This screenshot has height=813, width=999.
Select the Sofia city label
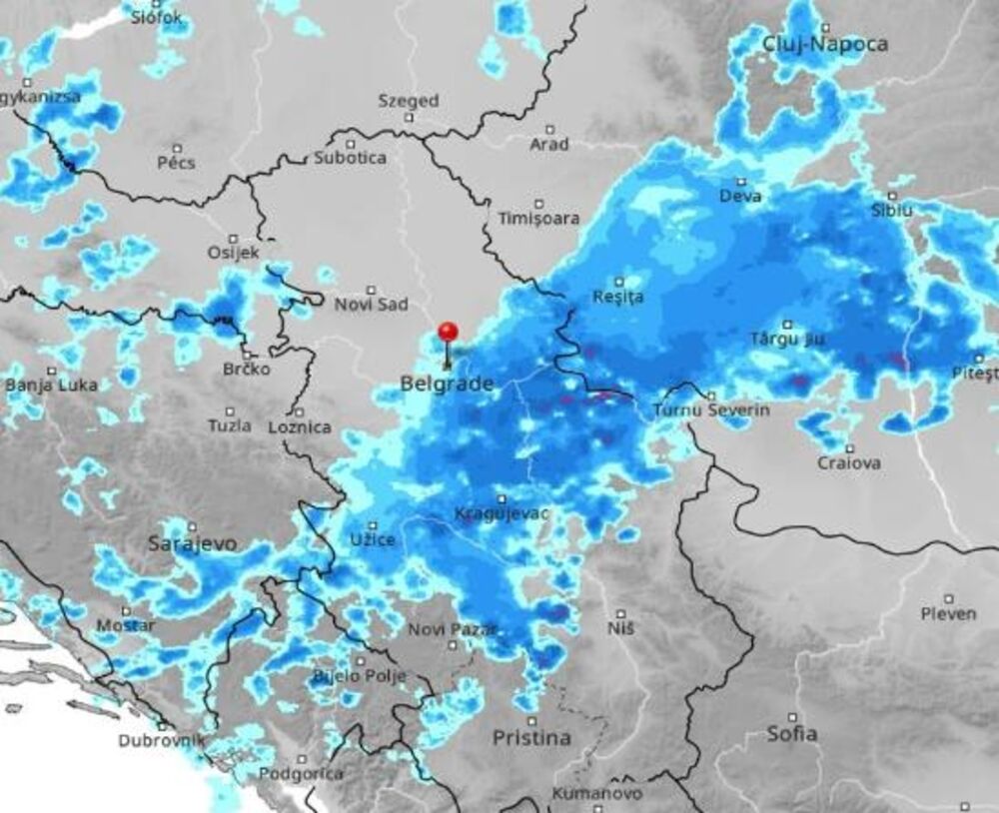[791, 734]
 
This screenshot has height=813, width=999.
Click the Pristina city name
[531, 738]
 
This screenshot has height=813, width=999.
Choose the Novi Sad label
[371, 305]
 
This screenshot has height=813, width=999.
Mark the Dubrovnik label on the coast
[162, 741]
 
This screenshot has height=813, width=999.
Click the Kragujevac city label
[501, 513]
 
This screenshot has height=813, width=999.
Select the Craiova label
[849, 463]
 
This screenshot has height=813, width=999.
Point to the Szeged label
[408, 101]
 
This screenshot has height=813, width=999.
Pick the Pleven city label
[948, 613]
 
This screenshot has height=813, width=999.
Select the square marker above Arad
[549, 129]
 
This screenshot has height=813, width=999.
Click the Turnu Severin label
[696, 410]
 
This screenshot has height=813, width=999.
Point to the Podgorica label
[301, 773]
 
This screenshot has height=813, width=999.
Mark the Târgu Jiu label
[787, 340]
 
